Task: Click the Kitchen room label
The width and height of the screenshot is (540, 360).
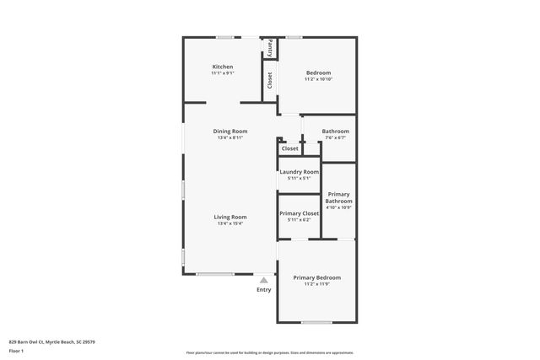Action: (x=223, y=67)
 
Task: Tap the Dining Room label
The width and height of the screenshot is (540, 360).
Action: (x=229, y=131)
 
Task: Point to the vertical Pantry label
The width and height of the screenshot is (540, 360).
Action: (x=270, y=48)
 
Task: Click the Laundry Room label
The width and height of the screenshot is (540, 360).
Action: (x=300, y=172)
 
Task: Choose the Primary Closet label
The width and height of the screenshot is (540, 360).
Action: (x=300, y=213)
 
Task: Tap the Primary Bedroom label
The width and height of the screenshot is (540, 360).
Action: (x=317, y=277)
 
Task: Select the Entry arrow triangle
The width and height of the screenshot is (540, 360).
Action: (x=264, y=280)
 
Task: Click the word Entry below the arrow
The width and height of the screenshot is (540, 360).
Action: (x=264, y=290)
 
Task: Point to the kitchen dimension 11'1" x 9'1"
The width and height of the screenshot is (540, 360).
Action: (x=223, y=73)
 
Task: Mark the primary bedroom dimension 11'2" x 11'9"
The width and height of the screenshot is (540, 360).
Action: (x=317, y=284)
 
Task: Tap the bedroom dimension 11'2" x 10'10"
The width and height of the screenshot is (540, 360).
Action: (x=318, y=79)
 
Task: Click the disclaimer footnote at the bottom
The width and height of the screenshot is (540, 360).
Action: (x=270, y=352)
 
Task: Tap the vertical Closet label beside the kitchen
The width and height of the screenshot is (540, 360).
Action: (x=270, y=80)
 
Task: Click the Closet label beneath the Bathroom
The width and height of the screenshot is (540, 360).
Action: (x=290, y=148)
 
